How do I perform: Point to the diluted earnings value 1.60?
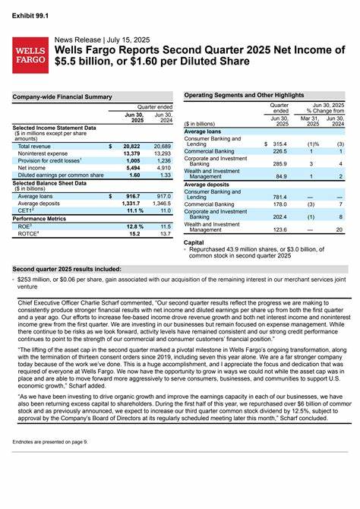click(x=134, y=175)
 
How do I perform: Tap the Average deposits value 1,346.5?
click(x=161, y=204)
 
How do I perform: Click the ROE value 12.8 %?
click(x=133, y=226)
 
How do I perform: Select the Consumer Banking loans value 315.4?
click(x=279, y=144)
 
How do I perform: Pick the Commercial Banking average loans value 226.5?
click(x=279, y=151)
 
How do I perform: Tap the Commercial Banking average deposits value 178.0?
click(x=279, y=204)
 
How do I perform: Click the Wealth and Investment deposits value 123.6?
click(x=279, y=229)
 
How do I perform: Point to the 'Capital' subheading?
click(x=194, y=242)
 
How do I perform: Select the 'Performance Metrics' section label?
click(x=39, y=218)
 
